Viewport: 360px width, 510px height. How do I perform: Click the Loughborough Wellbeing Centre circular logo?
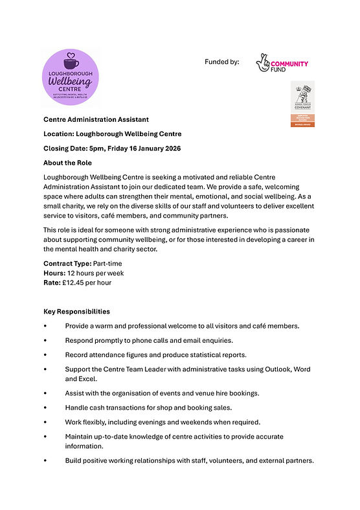70,77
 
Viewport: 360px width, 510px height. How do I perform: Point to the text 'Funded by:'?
221,62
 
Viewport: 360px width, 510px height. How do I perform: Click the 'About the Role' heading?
67,163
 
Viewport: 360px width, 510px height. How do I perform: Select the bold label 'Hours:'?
54,273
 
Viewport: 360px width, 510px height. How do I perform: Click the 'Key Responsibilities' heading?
76,312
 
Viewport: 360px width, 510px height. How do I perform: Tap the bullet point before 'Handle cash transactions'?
45,408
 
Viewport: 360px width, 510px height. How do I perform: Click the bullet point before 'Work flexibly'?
45,423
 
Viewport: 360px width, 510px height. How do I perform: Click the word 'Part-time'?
107,264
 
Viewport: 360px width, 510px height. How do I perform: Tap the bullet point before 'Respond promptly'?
45,340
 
